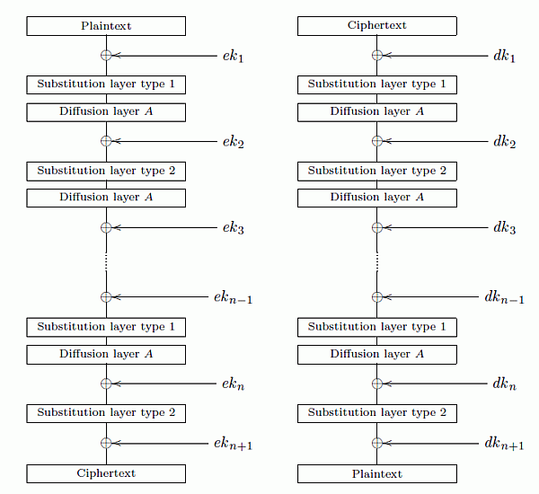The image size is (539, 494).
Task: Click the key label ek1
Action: [233, 56]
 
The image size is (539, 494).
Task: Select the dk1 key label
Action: [504, 56]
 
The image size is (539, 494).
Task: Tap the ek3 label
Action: [234, 228]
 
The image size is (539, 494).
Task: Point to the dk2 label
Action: [505, 142]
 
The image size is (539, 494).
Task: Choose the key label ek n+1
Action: [233, 444]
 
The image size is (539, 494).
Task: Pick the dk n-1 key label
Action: [504, 297]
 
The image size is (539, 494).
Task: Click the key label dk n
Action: [504, 384]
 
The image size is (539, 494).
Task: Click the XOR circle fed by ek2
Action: [106, 141]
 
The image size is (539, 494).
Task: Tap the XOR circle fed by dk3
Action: [377, 227]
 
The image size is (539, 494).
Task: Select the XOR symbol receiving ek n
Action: [106, 384]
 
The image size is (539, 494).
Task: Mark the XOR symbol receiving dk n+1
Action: [377, 443]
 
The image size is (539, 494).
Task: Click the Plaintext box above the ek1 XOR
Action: [106, 26]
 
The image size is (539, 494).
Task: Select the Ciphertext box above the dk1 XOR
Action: [377, 26]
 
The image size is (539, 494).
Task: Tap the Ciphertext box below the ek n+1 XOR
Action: [106, 473]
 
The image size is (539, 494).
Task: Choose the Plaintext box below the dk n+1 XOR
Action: [377, 473]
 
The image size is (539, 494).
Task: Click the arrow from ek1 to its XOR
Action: [164, 56]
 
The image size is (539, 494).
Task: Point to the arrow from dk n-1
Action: [430, 297]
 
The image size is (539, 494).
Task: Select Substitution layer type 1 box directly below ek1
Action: [106, 84]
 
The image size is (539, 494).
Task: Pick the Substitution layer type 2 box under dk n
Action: [377, 413]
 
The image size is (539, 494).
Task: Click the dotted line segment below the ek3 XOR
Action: [106, 262]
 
